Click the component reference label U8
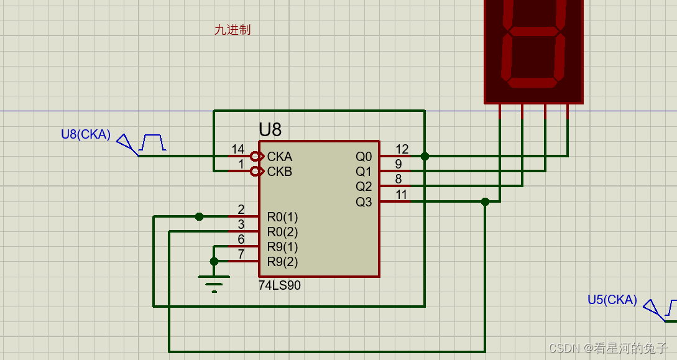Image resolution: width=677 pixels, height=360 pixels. (270, 130)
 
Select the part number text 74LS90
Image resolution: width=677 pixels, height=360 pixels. (279, 286)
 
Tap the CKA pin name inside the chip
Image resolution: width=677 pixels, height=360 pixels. (280, 157)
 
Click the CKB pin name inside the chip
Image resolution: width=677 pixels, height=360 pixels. (280, 172)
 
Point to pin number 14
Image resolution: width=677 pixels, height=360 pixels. (237, 149)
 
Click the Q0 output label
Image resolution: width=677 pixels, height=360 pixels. (364, 157)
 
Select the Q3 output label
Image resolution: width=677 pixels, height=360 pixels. (364, 201)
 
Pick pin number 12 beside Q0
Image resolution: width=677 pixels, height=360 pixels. (402, 149)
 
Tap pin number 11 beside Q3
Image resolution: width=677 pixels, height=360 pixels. (402, 195)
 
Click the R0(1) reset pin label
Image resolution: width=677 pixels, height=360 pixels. (282, 217)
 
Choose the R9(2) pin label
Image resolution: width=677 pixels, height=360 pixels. (282, 262)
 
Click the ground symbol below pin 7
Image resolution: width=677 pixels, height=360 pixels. (214, 284)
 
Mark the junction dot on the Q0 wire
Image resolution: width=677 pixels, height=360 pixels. (425, 156)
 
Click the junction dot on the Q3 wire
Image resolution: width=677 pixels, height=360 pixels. (485, 201)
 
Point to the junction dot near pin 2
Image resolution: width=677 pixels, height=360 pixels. (199, 216)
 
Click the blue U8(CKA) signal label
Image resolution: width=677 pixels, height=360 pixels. (85, 134)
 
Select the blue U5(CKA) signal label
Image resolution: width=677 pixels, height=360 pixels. (612, 300)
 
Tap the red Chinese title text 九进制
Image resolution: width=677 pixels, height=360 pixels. (233, 30)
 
